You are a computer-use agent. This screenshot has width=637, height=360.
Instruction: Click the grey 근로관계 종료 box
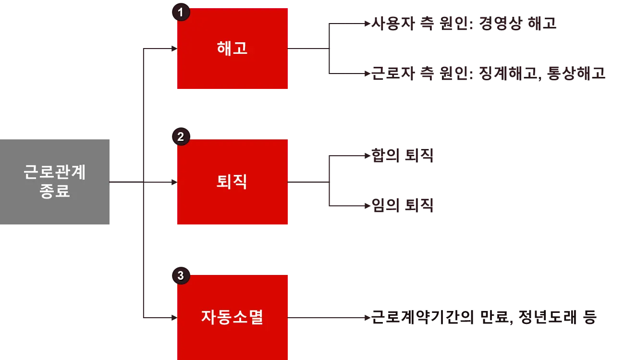tap(55, 182)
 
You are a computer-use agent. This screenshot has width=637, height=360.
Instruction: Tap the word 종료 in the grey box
tap(55, 191)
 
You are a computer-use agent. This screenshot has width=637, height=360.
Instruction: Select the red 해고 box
tap(232, 49)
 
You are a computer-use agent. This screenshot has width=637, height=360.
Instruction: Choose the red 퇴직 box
tap(232, 182)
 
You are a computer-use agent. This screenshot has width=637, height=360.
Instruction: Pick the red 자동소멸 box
tap(232, 317)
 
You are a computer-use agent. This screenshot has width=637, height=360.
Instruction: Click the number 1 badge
tap(181, 12)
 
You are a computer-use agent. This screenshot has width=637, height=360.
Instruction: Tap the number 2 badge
tap(181, 137)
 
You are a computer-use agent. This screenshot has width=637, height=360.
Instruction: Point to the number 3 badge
tap(181, 275)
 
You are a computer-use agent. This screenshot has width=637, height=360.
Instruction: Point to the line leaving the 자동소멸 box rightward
tap(327, 317)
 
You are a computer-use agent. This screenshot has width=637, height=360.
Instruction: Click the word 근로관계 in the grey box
tap(55, 172)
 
